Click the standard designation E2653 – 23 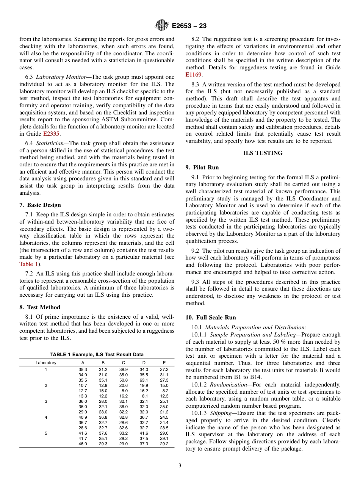tap(189, 26)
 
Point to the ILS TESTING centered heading tap(263, 153)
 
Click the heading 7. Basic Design tap(40, 205)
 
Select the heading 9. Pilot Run tap(202, 167)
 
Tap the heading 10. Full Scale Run tap(210, 318)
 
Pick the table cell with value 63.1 tap(144, 380)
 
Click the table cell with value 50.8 tap(123, 380)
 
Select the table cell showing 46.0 tap(83, 444)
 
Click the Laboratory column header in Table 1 tap(46, 363)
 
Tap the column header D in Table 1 tap(144, 363)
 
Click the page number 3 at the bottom tap(180, 466)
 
